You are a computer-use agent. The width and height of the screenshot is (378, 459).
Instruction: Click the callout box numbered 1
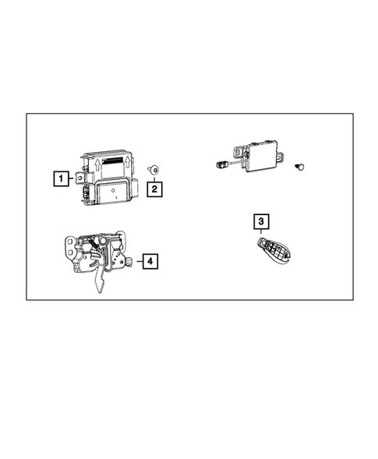[x=59, y=179]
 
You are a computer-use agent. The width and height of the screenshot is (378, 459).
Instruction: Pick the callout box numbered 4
[x=149, y=262]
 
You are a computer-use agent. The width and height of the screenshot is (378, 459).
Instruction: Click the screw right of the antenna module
[x=299, y=165]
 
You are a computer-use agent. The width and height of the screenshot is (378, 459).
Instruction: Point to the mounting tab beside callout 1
[x=79, y=179]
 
